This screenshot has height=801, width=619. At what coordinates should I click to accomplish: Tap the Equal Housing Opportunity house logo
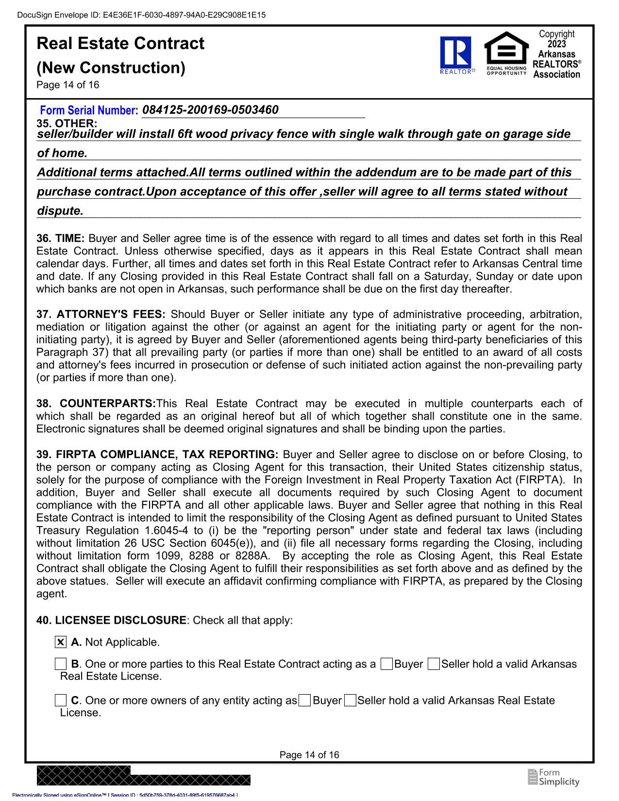click(x=506, y=53)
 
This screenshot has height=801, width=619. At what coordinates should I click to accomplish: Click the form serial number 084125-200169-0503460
click(x=211, y=110)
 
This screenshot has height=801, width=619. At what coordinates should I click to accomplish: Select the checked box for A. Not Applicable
click(x=60, y=642)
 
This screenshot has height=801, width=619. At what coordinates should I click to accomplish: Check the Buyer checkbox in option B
click(x=387, y=664)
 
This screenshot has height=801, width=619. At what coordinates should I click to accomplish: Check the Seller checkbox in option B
click(x=434, y=664)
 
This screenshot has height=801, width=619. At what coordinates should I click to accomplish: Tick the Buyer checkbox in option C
click(x=305, y=700)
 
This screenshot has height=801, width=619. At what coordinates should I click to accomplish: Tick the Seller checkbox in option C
click(x=350, y=700)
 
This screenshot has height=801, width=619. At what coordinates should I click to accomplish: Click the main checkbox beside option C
click(x=60, y=700)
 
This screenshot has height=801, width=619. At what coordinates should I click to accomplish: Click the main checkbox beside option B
click(x=60, y=664)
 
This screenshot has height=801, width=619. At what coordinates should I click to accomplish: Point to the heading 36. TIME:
click(x=61, y=239)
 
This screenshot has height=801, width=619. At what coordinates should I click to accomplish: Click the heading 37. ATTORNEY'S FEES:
click(x=101, y=314)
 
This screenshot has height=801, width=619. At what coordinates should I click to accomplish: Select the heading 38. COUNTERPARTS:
click(x=96, y=404)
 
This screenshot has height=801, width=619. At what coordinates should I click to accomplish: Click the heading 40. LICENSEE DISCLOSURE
click(x=111, y=620)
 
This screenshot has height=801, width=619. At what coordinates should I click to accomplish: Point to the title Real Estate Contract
click(x=120, y=44)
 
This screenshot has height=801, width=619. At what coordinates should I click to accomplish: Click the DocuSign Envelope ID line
click(x=141, y=15)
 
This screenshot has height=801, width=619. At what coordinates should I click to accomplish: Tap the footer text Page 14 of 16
click(x=309, y=755)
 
